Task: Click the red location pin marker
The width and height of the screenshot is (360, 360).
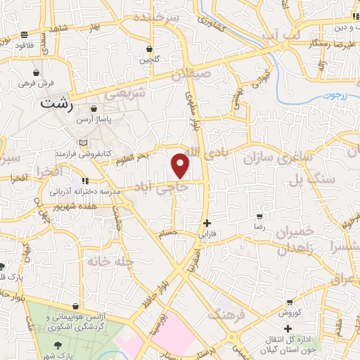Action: click(x=181, y=165)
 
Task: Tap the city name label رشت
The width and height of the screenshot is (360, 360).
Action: click(x=57, y=104)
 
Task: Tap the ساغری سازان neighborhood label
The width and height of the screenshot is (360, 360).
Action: click(x=277, y=157)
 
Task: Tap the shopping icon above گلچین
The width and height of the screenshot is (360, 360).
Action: click(x=150, y=49)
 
